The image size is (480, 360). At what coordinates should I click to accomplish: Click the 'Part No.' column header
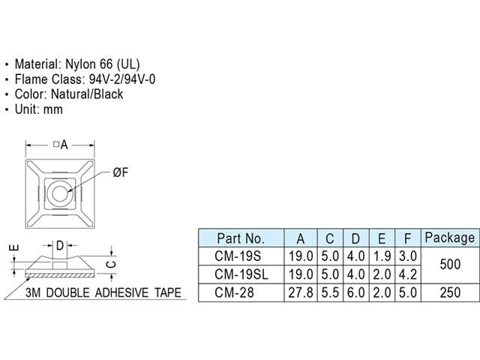coord(240,238)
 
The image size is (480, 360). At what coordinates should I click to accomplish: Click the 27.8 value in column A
coord(300,293)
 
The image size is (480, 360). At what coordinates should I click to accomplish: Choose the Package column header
coord(449,238)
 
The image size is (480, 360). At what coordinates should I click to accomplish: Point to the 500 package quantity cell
coord(449,266)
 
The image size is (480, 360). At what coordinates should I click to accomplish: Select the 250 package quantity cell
coord(449,293)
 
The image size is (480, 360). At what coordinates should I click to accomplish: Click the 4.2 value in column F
coord(407,275)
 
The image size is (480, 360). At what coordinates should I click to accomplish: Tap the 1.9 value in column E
coord(382,257)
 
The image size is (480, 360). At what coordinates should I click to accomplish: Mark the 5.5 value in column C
coord(329,293)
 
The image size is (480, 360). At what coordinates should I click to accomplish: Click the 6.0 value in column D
coord(355,293)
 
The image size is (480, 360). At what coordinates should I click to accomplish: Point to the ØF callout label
coord(121,173)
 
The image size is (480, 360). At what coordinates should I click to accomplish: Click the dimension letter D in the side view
coord(61,244)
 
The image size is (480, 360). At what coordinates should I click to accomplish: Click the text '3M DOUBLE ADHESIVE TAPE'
coord(103,292)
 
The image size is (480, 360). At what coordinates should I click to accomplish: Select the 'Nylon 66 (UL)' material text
coord(102,64)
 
